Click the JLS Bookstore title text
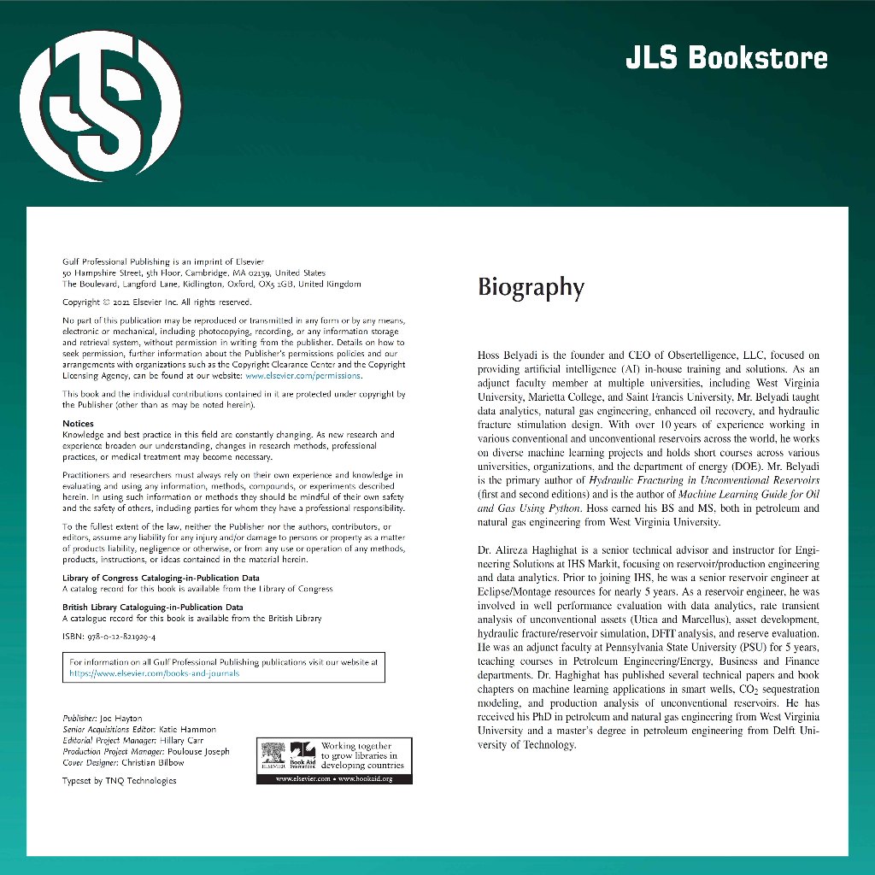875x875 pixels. click(x=726, y=58)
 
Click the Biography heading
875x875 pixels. click(x=531, y=288)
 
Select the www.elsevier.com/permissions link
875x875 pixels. click(x=303, y=375)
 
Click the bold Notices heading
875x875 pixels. click(x=78, y=424)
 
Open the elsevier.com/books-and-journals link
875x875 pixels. click(x=155, y=672)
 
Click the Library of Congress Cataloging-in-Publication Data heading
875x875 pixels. click(x=161, y=578)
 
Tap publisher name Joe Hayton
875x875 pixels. click(x=121, y=718)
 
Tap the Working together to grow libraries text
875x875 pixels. click(x=359, y=755)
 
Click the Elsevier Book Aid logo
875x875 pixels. click(x=290, y=757)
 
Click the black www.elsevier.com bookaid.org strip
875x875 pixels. click(x=334, y=779)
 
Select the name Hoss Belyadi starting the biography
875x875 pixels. click(x=509, y=355)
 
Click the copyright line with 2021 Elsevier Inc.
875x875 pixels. click(x=156, y=302)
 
